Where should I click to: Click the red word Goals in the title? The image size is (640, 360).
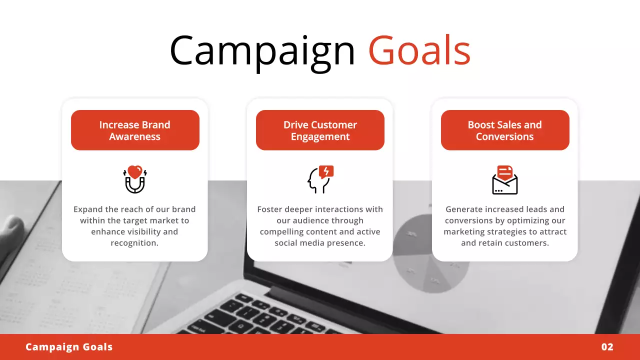pos(419,51)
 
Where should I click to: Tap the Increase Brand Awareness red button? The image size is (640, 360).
pos(135,130)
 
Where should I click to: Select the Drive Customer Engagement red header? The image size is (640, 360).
pos(320,130)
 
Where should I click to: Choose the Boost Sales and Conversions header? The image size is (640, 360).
pos(505,130)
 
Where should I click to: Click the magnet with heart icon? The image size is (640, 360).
pos(134,180)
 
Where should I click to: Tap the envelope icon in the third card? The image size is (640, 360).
pos(505,181)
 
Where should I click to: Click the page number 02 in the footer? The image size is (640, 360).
pos(607,347)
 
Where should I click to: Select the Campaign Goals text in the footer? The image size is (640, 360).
pos(69,347)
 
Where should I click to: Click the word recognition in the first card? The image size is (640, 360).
pos(134,243)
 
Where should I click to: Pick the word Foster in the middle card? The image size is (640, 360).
pos(270,209)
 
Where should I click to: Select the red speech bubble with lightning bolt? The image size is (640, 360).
pos(326,172)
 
